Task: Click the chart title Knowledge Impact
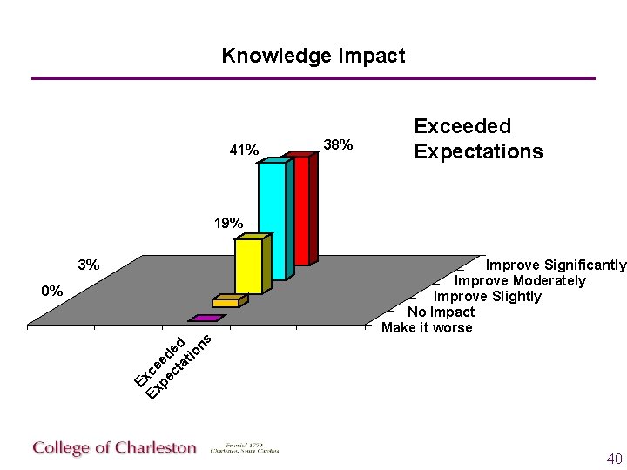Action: (x=313, y=57)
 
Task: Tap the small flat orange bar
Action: (x=226, y=302)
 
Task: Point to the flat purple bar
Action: (x=206, y=319)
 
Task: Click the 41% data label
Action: (x=244, y=151)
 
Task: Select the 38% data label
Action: (x=338, y=144)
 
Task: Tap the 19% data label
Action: (x=229, y=224)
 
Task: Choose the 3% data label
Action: (x=88, y=265)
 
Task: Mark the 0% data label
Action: (x=52, y=292)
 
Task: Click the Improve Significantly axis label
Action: (x=556, y=265)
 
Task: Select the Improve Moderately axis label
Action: (x=520, y=280)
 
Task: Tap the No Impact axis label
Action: (x=442, y=312)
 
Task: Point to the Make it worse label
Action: (x=427, y=327)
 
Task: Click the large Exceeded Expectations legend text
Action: (x=478, y=139)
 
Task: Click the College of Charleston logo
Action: (x=115, y=448)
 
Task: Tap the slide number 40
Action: (x=614, y=459)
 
